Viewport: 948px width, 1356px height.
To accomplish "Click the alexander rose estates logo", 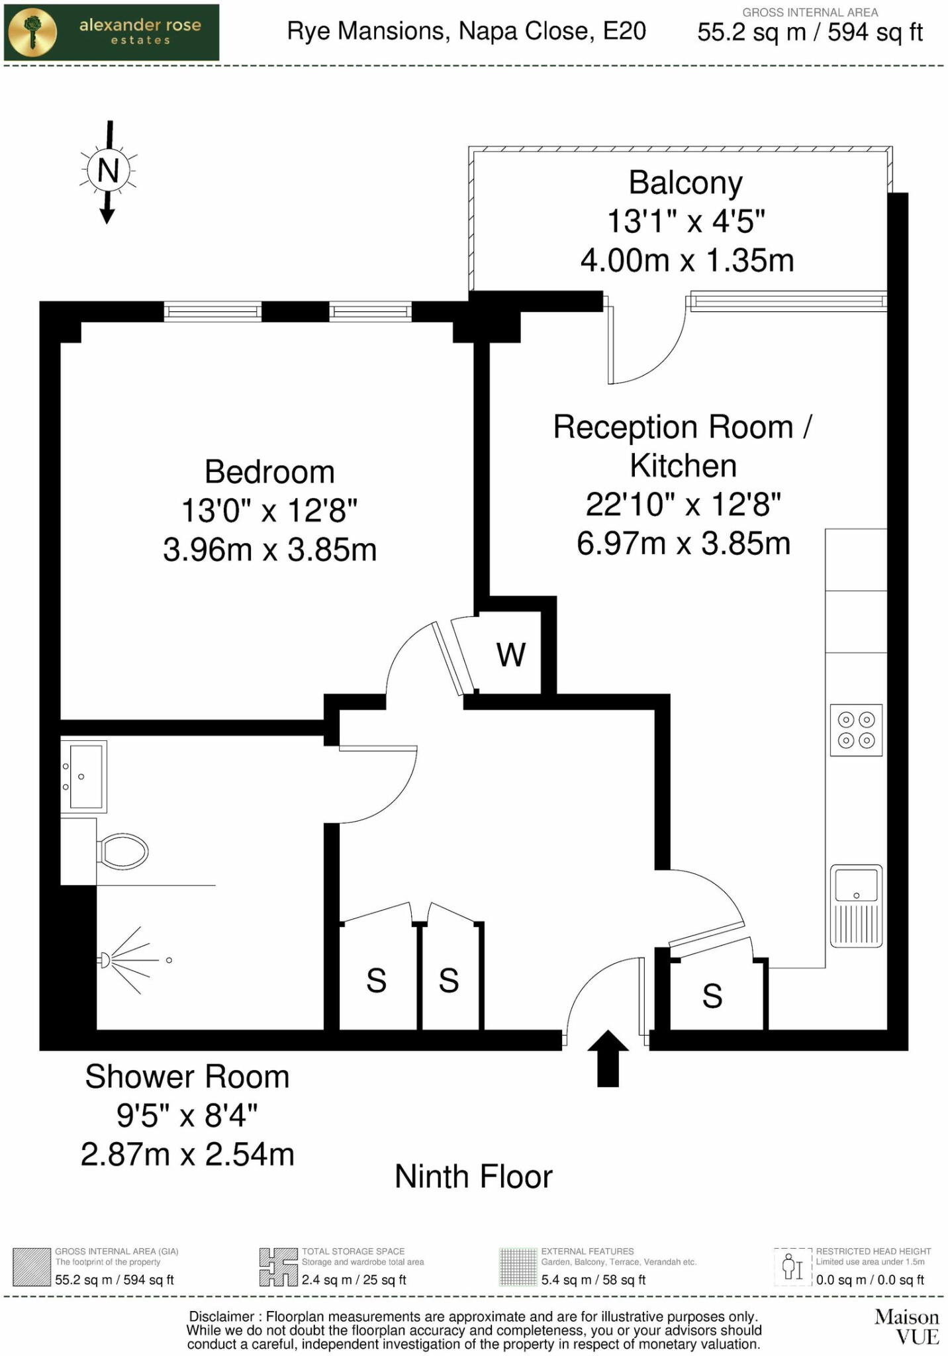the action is (111, 32).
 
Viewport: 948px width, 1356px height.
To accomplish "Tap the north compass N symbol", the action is (108, 171).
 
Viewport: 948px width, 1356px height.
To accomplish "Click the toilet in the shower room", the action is (122, 851).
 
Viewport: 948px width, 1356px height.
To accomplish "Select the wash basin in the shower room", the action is (83, 776).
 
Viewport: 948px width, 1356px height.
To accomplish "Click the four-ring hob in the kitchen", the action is (856, 730).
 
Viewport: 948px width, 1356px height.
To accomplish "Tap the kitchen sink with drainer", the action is (856, 905).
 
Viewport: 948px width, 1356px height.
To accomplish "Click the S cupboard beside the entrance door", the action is (712, 995).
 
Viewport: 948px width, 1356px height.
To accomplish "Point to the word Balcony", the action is (685, 183).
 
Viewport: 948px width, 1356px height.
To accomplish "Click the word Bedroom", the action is (269, 472).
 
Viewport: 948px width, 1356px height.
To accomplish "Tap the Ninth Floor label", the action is (473, 1177).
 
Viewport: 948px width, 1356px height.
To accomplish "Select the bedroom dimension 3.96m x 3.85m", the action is (269, 550).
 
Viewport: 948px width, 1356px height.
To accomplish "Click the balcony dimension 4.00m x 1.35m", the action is (687, 260).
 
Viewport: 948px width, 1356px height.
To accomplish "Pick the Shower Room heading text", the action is (187, 1077).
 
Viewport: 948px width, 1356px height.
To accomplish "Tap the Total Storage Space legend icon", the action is (278, 1267).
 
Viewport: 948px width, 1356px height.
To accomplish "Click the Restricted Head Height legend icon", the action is (792, 1267).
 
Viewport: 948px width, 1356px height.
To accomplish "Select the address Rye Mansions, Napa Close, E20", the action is (466, 31).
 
